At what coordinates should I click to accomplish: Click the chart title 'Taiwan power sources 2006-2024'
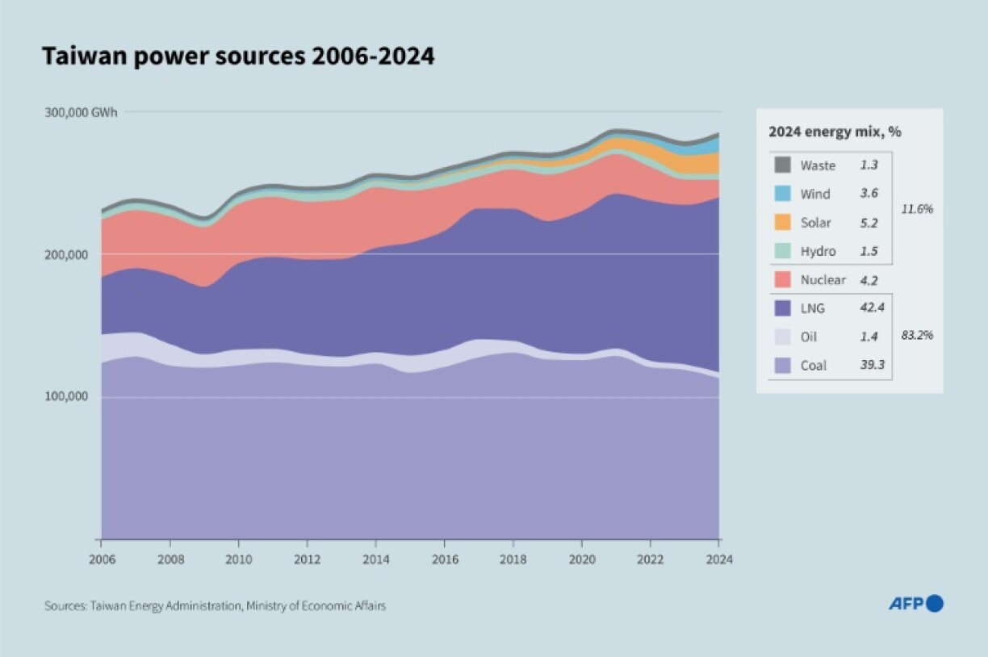point(238,56)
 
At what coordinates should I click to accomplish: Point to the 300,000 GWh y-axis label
point(81,112)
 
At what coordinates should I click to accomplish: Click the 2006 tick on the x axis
point(101,559)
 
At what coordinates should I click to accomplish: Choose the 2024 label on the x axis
point(719,559)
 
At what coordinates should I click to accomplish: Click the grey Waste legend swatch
point(782,165)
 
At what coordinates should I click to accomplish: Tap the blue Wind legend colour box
point(782,194)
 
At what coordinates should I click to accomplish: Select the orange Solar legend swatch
point(782,222)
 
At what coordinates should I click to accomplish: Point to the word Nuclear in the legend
point(823,280)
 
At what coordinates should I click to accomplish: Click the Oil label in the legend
point(808,337)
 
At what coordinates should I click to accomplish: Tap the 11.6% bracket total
point(917,208)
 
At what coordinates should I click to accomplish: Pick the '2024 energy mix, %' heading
point(835,132)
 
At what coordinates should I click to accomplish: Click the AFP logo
point(915,604)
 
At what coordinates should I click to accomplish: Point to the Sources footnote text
point(215,605)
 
